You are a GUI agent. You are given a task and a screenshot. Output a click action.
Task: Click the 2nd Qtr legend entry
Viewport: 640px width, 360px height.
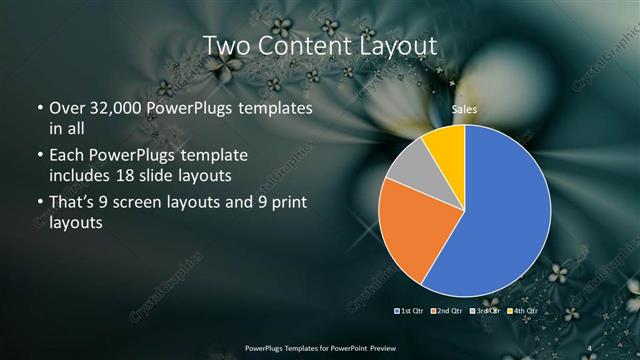447,311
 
